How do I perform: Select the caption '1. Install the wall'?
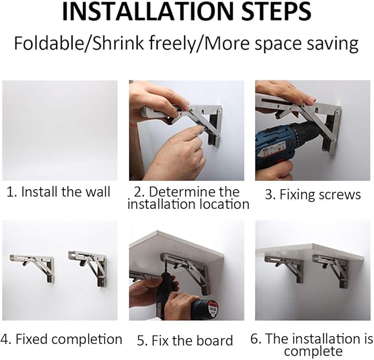pos(58,192)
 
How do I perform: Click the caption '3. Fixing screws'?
pos(312,195)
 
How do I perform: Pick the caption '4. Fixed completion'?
pos(62,339)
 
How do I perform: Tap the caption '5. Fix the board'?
pos(185,340)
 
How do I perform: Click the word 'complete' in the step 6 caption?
pos(313,351)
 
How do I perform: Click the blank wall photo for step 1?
pos(59,130)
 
